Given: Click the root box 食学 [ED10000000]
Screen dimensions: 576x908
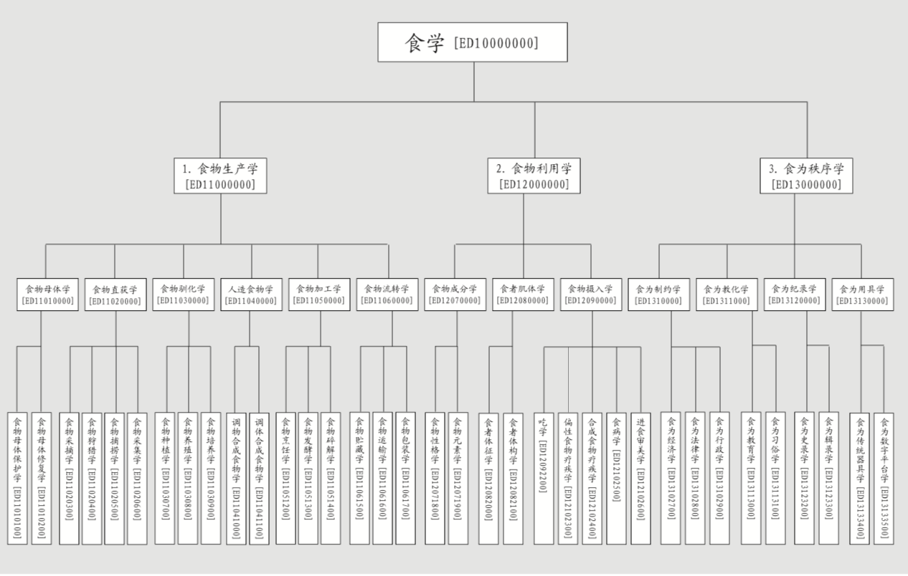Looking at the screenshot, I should pyautogui.click(x=473, y=42).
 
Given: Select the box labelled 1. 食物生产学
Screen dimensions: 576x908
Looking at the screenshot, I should pyautogui.click(x=220, y=176).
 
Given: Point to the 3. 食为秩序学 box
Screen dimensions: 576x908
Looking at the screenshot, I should pyautogui.click(x=807, y=176).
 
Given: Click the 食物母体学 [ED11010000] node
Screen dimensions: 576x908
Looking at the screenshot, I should pyautogui.click(x=47, y=294).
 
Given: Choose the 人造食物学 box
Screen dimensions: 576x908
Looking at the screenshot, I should pyautogui.click(x=250, y=294).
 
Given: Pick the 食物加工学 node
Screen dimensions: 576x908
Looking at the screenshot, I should pyautogui.click(x=319, y=294).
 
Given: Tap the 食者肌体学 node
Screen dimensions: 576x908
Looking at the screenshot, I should pyautogui.click(x=523, y=294).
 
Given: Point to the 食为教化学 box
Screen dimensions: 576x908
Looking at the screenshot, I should pyautogui.click(x=726, y=294).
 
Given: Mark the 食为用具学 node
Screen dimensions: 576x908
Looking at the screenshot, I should pyautogui.click(x=862, y=294).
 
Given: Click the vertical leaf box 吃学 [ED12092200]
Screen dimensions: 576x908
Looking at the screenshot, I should pyautogui.click(x=544, y=478).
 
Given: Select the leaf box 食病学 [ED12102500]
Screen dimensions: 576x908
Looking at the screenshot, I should pyautogui.click(x=616, y=478).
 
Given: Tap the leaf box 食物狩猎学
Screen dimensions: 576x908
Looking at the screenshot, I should pyautogui.click(x=92, y=478).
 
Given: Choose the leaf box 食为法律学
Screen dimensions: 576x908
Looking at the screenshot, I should pyautogui.click(x=695, y=478).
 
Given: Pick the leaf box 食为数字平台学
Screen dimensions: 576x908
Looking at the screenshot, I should pyautogui.click(x=884, y=478).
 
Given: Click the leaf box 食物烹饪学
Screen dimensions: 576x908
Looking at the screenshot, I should pyautogui.click(x=285, y=478).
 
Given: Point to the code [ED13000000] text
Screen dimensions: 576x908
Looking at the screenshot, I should pyautogui.click(x=807, y=184).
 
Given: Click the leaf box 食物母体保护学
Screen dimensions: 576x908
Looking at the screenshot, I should pyautogui.click(x=17, y=478).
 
